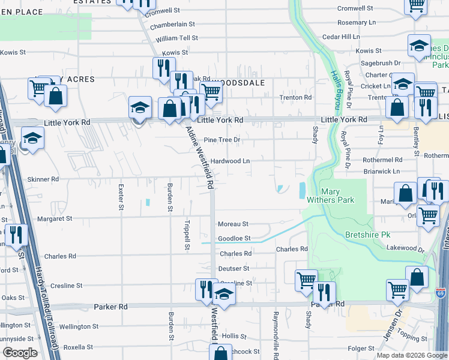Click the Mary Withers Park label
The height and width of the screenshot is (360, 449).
pyautogui.click(x=334, y=196)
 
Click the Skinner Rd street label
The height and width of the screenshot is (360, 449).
pyautogui.click(x=46, y=179)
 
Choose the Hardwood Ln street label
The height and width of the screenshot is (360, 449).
pyautogui.click(x=230, y=161)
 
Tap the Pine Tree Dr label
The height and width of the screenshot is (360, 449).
pyautogui.click(x=222, y=140)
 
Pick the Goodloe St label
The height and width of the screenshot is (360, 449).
pyautogui.click(x=234, y=238)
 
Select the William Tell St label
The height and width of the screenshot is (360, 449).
pyautogui.click(x=176, y=38)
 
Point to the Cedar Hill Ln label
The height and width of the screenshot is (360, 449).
pyautogui.click(x=341, y=37)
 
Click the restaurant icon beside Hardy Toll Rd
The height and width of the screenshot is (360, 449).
pyautogui.click(x=16, y=235)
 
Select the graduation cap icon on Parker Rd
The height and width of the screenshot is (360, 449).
pyautogui.click(x=223, y=295)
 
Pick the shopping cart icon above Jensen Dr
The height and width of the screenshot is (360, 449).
pyautogui.click(x=397, y=290)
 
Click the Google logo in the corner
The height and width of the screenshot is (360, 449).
pyautogui.click(x=20, y=352)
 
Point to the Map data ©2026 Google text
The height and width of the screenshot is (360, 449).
pyautogui.click(x=411, y=355)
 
